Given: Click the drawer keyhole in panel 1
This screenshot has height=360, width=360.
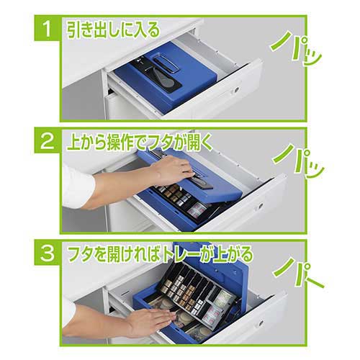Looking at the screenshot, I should pyautogui.click(x=238, y=89).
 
